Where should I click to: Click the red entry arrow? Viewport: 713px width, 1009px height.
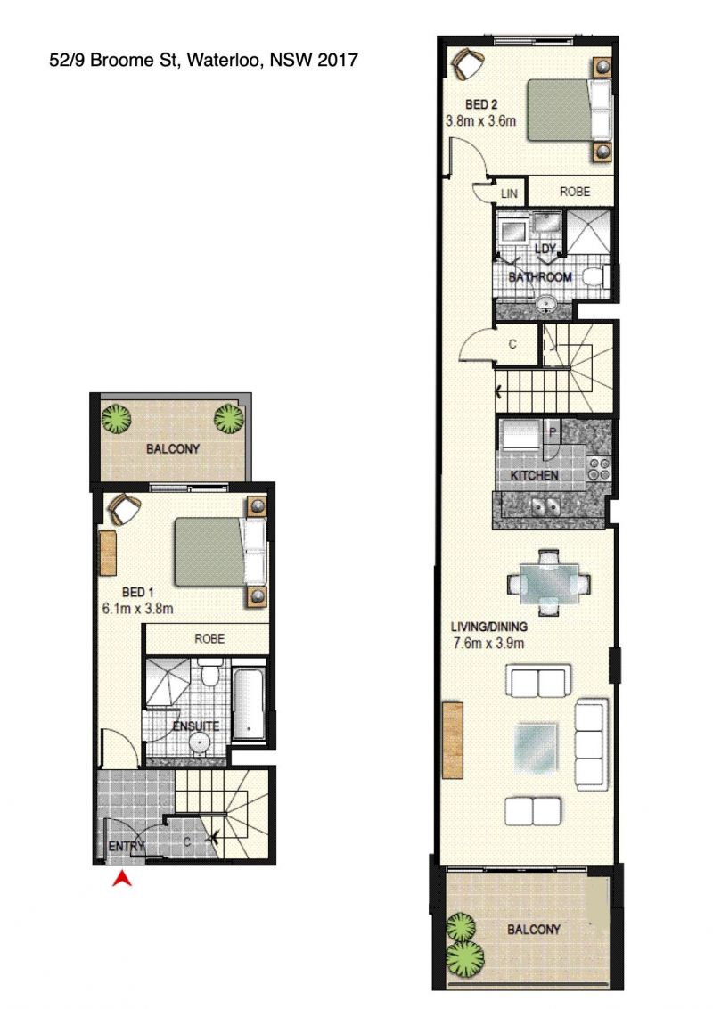coord(122,878)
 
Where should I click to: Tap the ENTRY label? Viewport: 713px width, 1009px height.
coord(127,846)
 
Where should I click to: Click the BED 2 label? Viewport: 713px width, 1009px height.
coord(481,104)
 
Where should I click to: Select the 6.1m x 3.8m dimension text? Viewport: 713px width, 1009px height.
coord(138,608)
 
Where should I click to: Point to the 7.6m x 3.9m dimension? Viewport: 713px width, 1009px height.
coord(488,643)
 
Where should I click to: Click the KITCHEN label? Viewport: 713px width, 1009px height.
coord(534,476)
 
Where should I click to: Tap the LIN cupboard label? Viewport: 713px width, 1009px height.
coord(509,193)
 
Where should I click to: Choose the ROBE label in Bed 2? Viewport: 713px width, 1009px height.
coord(575,192)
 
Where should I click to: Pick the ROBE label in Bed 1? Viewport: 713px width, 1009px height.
coord(209,639)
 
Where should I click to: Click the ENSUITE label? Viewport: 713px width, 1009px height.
coord(196,726)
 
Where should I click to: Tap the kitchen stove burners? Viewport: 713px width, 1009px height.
coord(599,469)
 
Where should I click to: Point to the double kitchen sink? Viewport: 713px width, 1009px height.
coord(545,506)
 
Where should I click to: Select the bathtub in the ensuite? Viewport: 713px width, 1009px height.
coord(249,705)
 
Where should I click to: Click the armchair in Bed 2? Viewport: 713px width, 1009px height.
coord(468,62)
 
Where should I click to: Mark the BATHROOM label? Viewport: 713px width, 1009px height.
coord(540,277)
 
